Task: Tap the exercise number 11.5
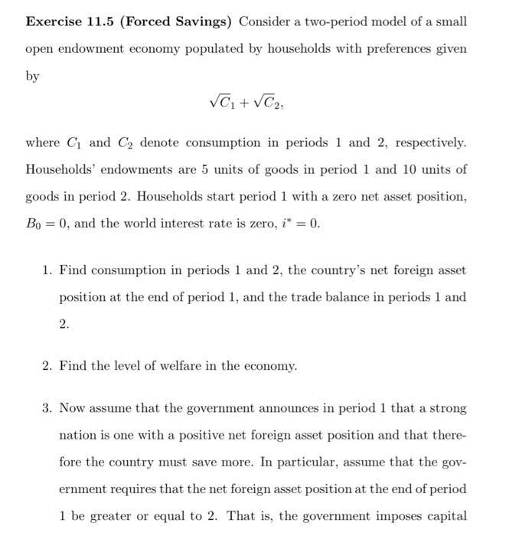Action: (x=107, y=21)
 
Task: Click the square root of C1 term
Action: (x=221, y=100)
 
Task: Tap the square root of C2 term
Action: (x=265, y=100)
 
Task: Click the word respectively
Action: (x=425, y=142)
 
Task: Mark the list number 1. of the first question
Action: (x=47, y=270)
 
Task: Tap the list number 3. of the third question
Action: (x=47, y=409)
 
